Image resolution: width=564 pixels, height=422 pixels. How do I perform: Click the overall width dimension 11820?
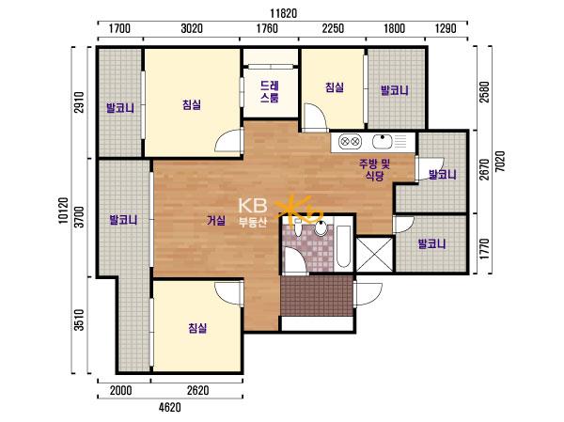[284, 13]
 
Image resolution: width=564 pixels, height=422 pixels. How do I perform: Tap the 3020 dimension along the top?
[192, 28]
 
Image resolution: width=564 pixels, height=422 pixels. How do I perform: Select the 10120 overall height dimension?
[63, 211]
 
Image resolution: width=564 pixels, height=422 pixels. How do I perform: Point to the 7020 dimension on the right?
[500, 162]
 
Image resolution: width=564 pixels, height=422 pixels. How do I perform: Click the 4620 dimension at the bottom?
[170, 408]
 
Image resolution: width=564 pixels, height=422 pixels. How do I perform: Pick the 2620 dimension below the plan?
[197, 390]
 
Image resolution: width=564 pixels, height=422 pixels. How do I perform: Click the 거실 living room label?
[216, 220]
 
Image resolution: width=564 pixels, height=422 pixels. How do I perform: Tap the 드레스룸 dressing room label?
[270, 92]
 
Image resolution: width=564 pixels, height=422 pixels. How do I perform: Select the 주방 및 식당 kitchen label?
[374, 170]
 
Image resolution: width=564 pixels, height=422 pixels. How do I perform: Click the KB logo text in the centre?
[253, 206]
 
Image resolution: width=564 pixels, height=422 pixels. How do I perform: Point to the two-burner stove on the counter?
[351, 141]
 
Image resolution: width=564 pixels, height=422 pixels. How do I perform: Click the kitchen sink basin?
[383, 141]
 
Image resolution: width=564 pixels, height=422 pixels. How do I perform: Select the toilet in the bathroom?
[298, 227]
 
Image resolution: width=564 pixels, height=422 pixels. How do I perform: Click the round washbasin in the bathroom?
[321, 228]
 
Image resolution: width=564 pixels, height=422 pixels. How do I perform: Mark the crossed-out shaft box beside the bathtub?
[374, 255]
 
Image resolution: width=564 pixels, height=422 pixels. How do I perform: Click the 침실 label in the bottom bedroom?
[197, 328]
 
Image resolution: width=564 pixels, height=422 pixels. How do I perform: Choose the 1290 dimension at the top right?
[446, 28]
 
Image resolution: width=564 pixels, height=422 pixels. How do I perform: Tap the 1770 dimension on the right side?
[484, 249]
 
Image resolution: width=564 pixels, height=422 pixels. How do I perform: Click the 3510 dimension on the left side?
[79, 320]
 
